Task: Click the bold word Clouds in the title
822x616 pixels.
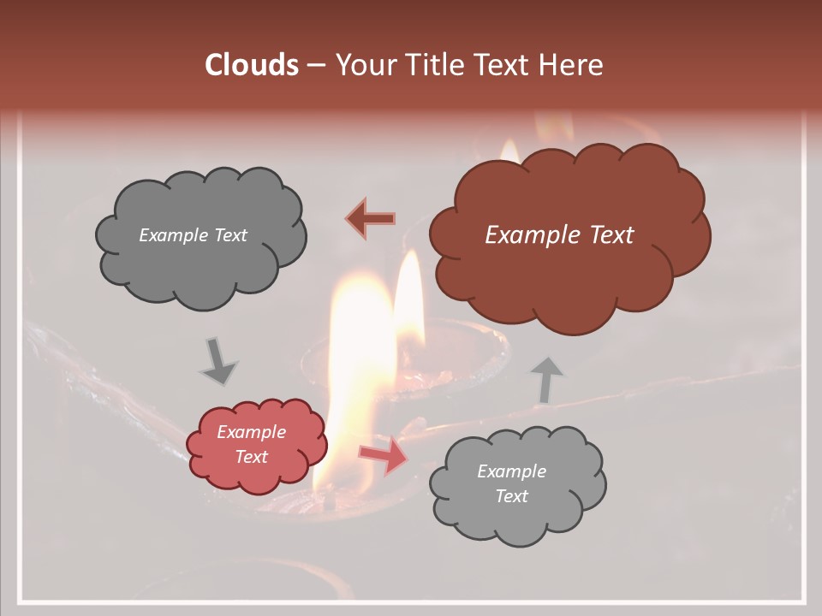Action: [252, 65]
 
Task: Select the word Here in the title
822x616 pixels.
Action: [574, 65]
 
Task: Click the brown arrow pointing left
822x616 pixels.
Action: [372, 219]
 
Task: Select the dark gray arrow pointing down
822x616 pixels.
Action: [218, 361]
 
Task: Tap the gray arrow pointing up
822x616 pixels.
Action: [545, 379]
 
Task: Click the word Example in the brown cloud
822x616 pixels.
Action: [529, 234]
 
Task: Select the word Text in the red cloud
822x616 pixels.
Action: [252, 457]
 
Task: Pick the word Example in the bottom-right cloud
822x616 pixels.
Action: [511, 471]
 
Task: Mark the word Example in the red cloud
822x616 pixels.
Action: [252, 432]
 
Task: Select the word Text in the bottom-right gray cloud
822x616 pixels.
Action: [511, 496]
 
